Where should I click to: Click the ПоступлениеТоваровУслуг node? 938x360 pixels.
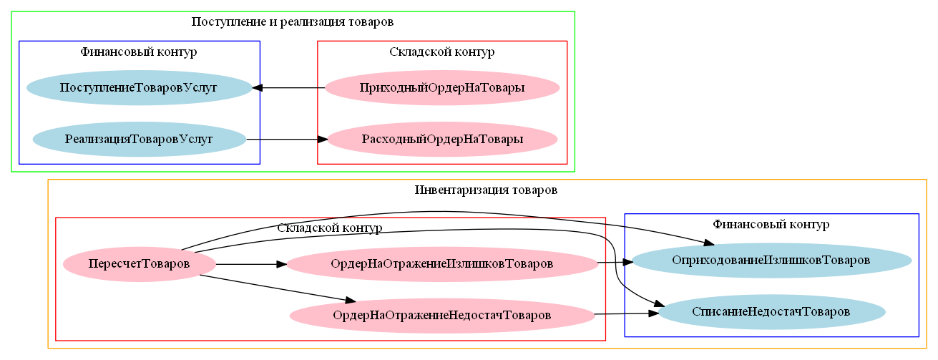tap(139, 88)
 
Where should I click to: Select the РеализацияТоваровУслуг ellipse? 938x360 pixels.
tap(139, 139)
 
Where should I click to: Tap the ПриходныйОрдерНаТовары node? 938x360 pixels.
tap(442, 88)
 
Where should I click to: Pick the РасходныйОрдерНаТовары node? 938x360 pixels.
tap(442, 139)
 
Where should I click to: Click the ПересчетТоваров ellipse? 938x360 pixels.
tap(139, 264)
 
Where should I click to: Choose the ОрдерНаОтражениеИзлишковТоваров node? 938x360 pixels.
tap(441, 264)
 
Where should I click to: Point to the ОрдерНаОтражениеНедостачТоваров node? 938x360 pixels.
tap(441, 315)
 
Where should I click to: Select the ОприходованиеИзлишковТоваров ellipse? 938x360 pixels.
tap(771, 260)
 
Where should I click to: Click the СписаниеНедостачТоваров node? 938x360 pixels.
tap(771, 312)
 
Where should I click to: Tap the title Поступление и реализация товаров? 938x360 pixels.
tap(293, 21)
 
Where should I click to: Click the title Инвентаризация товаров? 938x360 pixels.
tap(486, 190)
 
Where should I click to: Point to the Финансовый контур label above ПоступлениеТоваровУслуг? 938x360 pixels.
tap(139, 52)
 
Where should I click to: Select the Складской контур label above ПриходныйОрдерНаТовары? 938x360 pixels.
tap(442, 52)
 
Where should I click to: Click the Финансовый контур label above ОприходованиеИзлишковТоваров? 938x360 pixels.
tap(771, 225)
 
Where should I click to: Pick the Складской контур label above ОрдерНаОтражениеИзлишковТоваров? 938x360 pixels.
tap(329, 228)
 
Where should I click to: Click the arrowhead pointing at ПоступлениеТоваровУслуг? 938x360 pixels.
tap(258, 88)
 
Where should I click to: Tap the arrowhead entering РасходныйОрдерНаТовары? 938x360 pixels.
tap(323, 139)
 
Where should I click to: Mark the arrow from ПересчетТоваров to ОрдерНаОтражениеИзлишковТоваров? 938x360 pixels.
tap(250, 264)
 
